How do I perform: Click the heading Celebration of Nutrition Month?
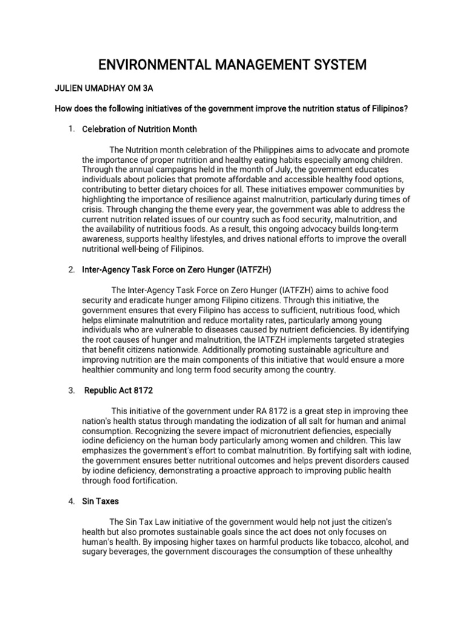coord(139,130)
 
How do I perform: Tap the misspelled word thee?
coord(385,410)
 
